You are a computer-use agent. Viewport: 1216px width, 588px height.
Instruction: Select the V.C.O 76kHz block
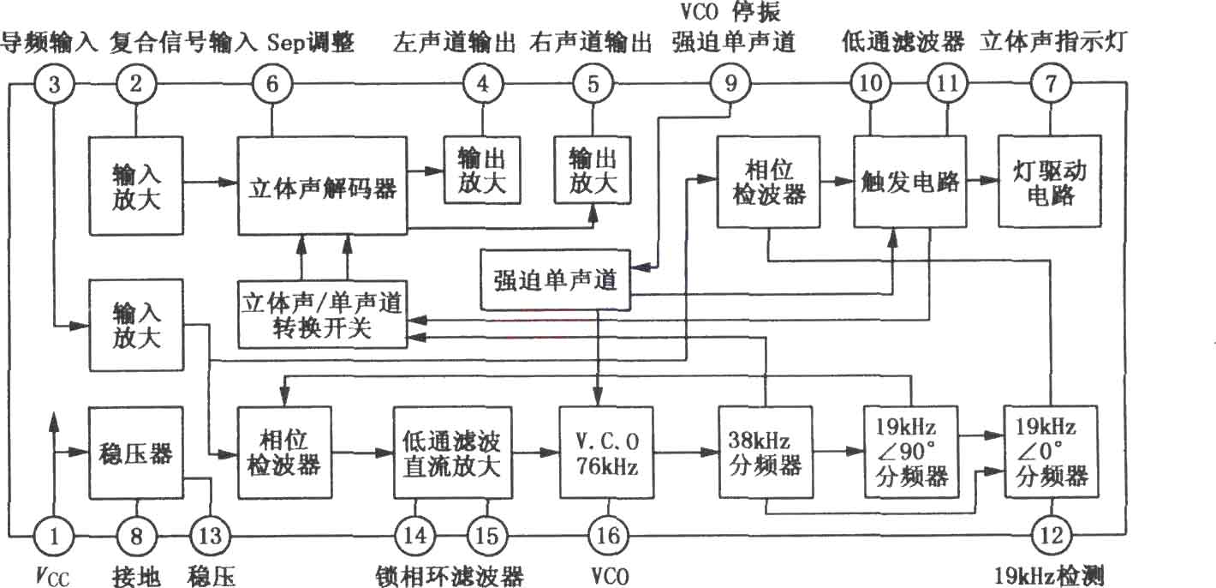tap(606, 452)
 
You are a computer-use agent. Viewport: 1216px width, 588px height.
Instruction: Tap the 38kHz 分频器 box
tap(766, 452)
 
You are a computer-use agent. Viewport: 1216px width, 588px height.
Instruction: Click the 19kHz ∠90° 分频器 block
tap(911, 452)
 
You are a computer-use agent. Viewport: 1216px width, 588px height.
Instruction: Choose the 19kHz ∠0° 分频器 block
tap(1052, 451)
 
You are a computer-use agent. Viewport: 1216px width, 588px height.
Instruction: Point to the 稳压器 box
tap(135, 453)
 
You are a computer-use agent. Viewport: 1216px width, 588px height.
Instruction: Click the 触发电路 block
tap(909, 182)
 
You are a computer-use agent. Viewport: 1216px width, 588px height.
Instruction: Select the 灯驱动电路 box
tap(1050, 181)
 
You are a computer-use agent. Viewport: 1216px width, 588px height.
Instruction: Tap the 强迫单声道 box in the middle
tap(556, 280)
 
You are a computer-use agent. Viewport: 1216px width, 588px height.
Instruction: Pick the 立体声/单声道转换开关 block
tap(323, 315)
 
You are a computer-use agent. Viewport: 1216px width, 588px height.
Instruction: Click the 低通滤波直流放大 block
tap(452, 453)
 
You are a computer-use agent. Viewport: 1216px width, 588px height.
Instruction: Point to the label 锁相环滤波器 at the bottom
tap(450, 576)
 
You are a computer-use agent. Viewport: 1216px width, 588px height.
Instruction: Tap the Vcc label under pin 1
tap(52, 576)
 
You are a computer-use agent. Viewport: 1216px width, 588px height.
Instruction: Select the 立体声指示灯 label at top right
tap(1053, 42)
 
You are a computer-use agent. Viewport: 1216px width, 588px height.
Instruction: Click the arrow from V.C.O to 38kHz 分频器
tap(686, 452)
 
